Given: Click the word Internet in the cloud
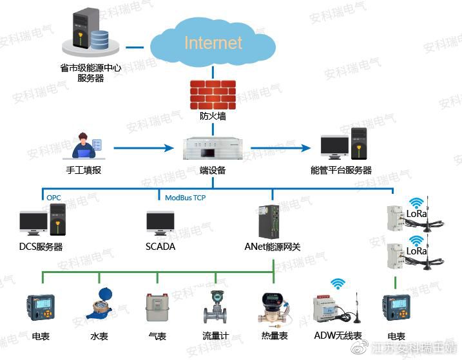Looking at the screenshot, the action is tap(213, 43).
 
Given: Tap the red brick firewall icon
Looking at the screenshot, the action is tap(213, 95).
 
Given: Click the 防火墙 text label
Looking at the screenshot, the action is tap(213, 116).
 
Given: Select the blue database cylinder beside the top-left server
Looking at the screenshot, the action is tap(99, 40).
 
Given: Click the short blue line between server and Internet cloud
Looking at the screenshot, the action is tap(135, 47).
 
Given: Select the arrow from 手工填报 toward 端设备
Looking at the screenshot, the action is tap(144, 148).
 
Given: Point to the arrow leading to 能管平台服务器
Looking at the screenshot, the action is tap(280, 148).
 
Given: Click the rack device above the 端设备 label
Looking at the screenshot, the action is tap(213, 149).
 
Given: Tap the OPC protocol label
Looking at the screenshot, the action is tap(53, 198).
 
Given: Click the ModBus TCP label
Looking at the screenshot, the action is tap(186, 198).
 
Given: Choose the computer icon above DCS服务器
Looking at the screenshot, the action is tap(43, 220).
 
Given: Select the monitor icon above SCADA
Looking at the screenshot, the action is tap(160, 223).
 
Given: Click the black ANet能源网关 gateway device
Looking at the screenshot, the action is tap(269, 222).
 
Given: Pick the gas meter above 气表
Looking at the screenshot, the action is tap(157, 307).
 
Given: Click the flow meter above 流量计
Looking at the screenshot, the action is tap(215, 307).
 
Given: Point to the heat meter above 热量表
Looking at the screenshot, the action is tap(274, 309).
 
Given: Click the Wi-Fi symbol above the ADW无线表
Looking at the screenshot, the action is tap(338, 284).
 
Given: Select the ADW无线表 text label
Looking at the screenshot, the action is tap(338, 336).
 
